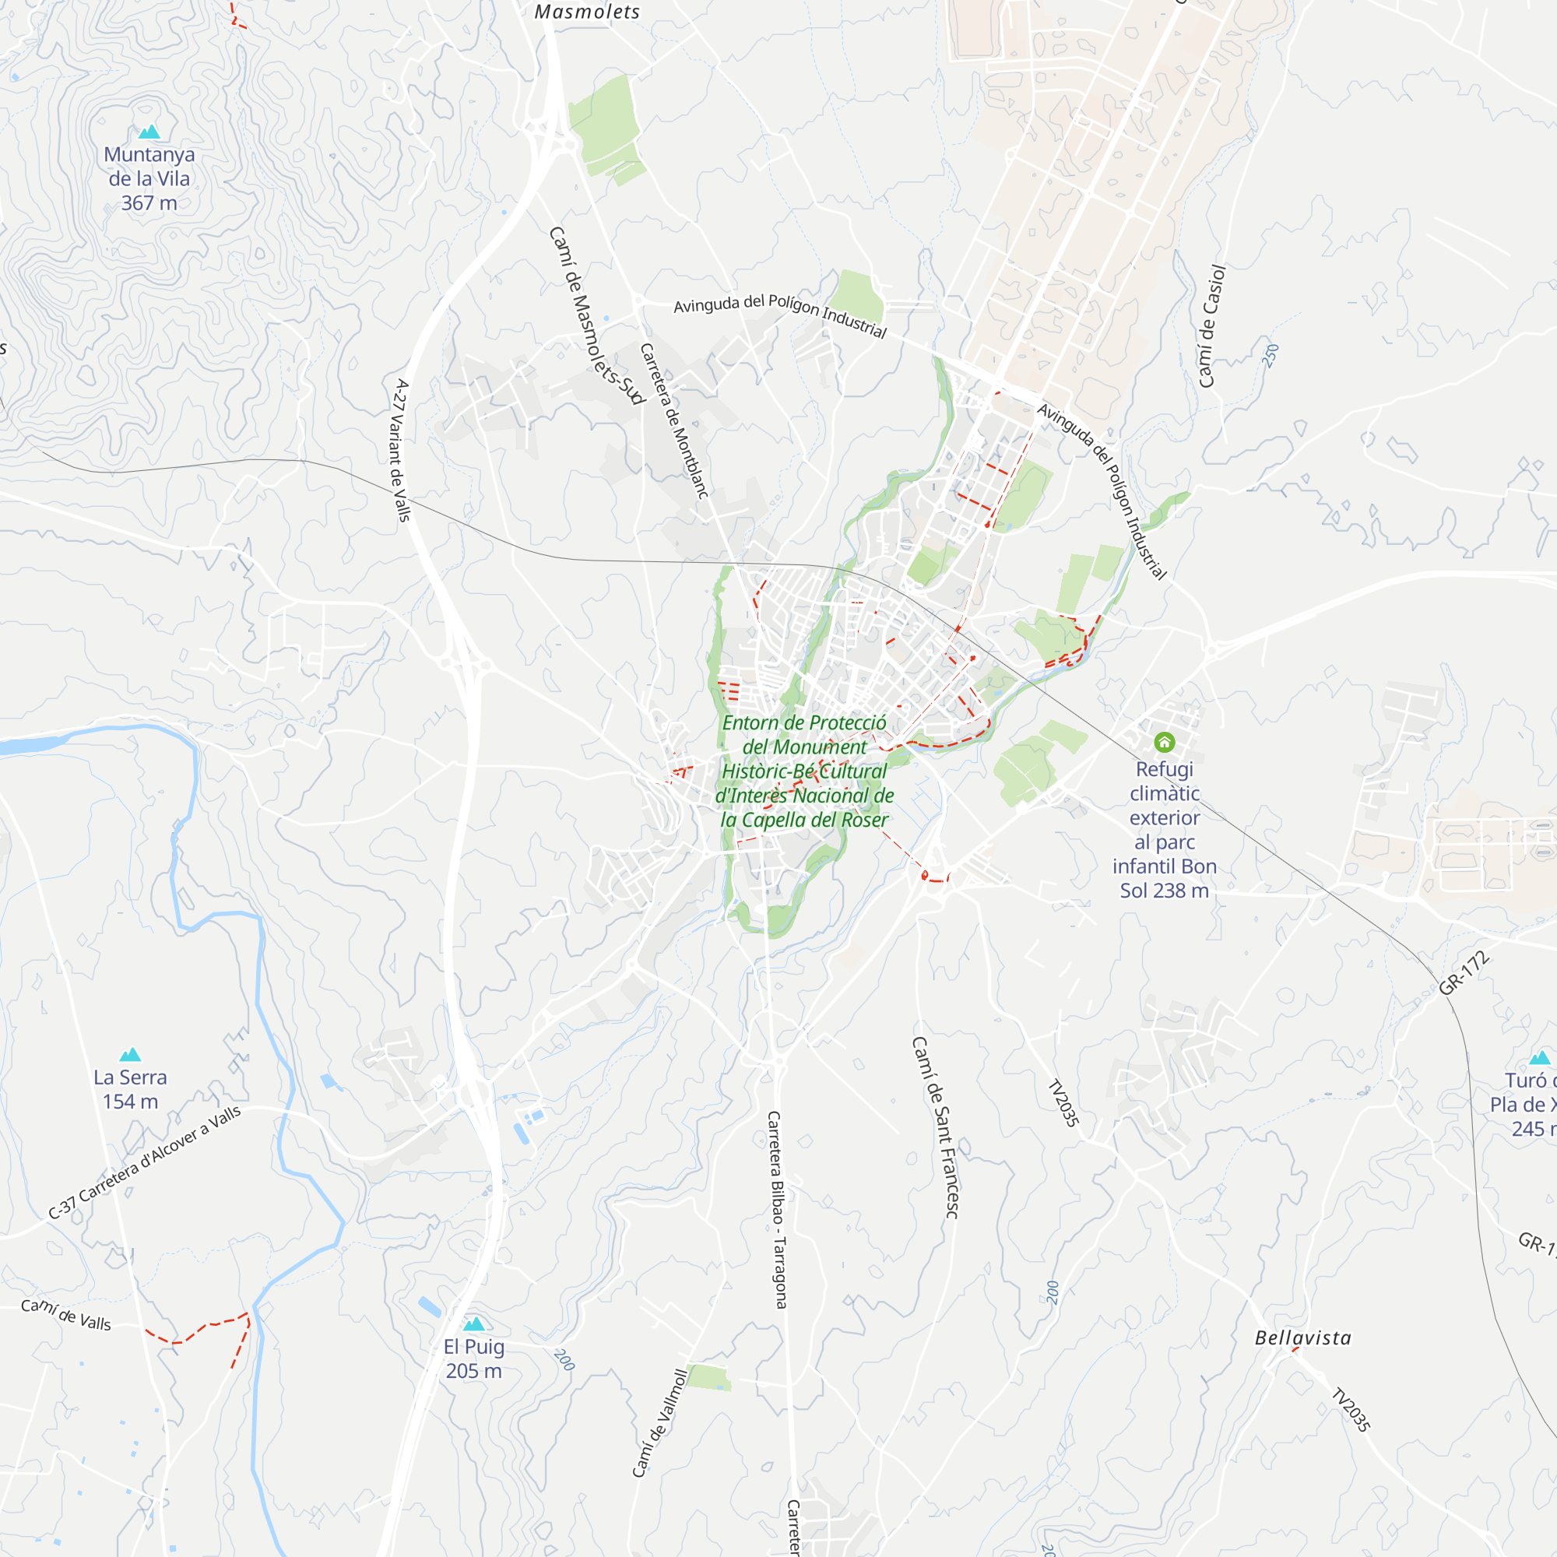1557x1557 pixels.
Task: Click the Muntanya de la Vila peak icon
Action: [149, 132]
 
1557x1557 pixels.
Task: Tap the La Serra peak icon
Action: [131, 1055]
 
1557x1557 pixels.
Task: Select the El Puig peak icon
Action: [474, 1324]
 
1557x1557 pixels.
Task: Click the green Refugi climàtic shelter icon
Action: [1164, 741]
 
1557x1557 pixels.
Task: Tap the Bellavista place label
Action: [1303, 1338]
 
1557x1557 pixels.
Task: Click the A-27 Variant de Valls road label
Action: [402, 451]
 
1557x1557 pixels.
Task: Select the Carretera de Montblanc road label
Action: [673, 420]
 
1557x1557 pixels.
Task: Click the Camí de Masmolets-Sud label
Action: [596, 315]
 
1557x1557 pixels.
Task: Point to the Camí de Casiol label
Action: [1212, 326]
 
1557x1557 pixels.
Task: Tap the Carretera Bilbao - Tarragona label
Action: [777, 1210]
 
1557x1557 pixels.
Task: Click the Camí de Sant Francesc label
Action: [935, 1127]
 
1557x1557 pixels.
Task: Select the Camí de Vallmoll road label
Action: [659, 1423]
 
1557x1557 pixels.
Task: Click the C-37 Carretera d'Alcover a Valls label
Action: [144, 1163]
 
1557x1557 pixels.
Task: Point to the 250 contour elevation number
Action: [1271, 356]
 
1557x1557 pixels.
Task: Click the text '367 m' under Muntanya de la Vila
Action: [149, 203]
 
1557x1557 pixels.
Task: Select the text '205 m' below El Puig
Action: [474, 1371]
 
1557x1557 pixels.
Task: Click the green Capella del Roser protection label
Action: [804, 771]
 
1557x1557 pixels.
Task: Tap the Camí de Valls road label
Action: [66, 1316]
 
